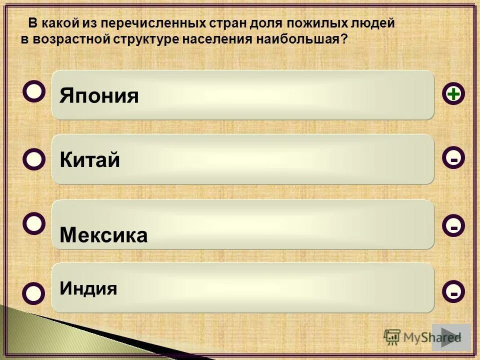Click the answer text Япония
(99, 95)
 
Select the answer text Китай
(89, 160)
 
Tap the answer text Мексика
(103, 235)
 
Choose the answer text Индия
(88, 288)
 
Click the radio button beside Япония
(34, 92)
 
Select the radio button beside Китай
(34, 159)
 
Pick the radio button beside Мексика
(34, 224)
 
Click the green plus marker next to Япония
(453, 94)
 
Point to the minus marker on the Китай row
(453, 159)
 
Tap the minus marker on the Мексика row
(453, 226)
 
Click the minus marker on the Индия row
(453, 291)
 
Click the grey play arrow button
(451, 337)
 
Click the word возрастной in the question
(69, 39)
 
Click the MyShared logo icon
(392, 337)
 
